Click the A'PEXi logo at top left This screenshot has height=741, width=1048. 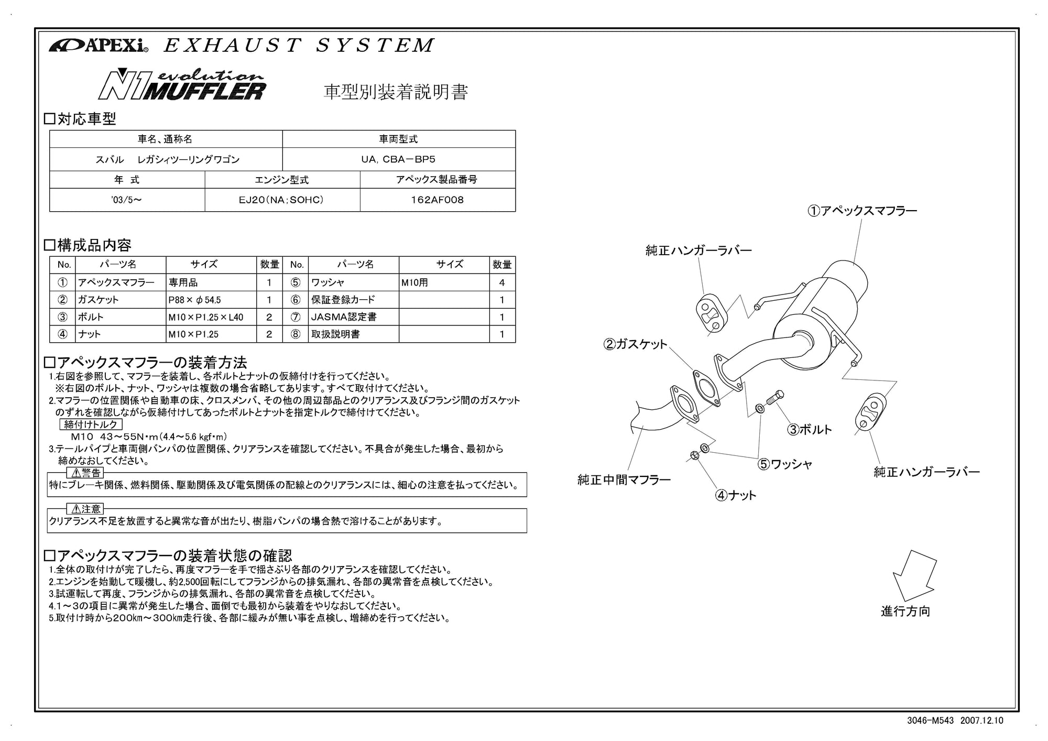99,46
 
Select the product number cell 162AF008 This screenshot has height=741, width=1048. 438,200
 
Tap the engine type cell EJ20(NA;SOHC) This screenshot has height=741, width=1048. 282,200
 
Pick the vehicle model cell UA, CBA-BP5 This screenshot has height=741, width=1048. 398,159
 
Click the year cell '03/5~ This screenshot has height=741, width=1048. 126,200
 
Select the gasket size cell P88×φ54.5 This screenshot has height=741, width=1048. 195,300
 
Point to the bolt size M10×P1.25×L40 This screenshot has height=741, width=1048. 206,317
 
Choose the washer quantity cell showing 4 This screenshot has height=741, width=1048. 502,283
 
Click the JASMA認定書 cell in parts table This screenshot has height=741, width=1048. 344,317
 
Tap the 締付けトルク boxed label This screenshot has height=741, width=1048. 91,424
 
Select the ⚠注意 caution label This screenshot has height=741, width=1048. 86,509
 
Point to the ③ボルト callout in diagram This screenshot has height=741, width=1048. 810,430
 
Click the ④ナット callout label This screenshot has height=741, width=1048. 736,495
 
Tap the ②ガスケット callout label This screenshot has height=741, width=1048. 636,344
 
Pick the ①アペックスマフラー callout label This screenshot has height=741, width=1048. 862,211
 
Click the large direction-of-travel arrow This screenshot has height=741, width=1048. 914,575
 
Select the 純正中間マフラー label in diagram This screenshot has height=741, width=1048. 624,480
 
